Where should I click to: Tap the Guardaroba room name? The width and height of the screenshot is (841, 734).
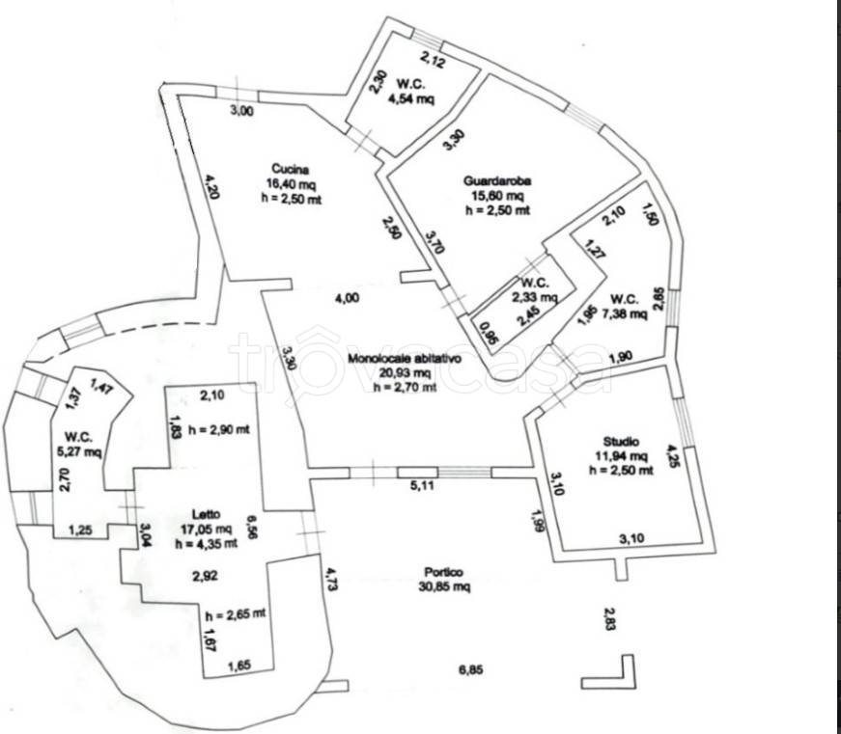pyautogui.click(x=499, y=179)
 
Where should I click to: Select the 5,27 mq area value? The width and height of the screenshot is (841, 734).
pyautogui.click(x=77, y=450)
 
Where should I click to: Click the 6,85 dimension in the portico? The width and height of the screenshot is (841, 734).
pyautogui.click(x=468, y=671)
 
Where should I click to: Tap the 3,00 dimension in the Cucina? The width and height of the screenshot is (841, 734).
pyautogui.click(x=241, y=111)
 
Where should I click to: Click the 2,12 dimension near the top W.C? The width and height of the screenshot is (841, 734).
pyautogui.click(x=433, y=64)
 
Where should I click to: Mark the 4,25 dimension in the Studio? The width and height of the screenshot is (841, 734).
pyautogui.click(x=672, y=454)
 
